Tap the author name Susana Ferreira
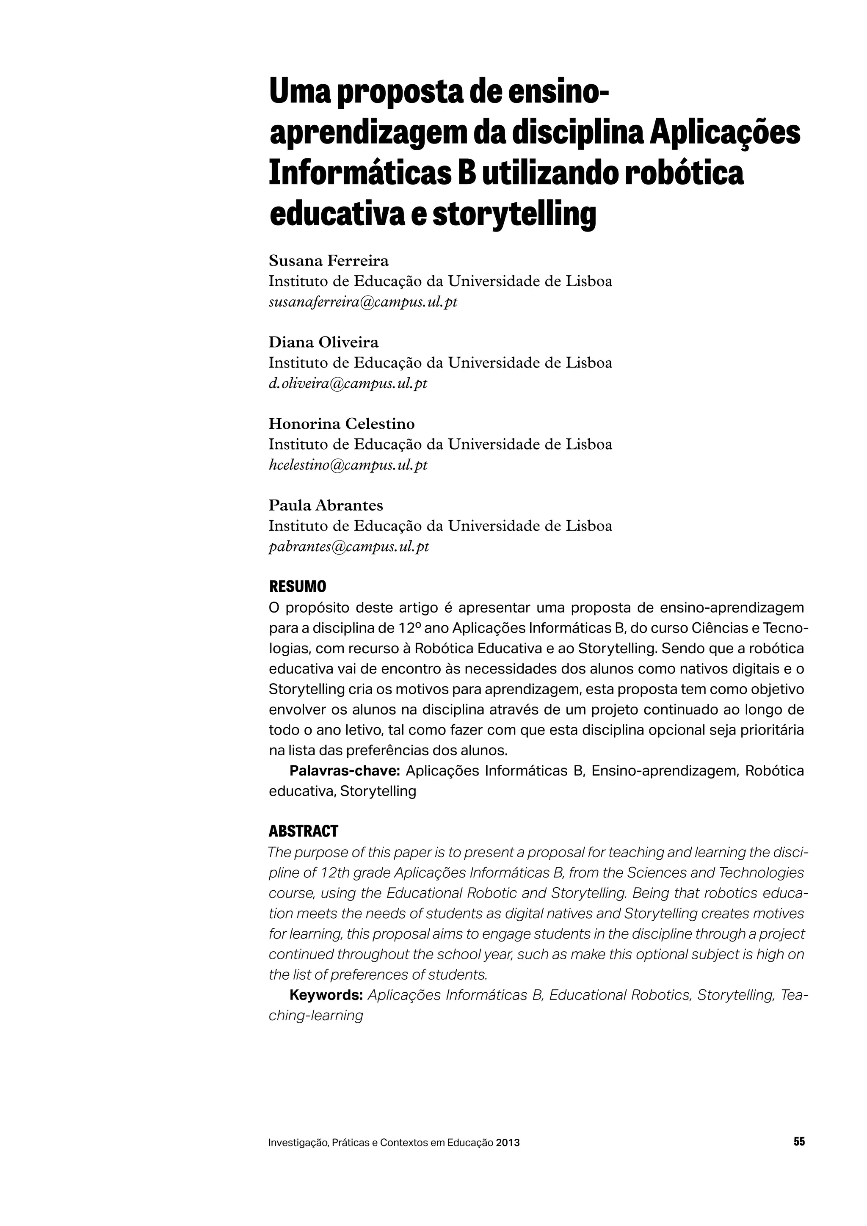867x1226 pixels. pos(329,261)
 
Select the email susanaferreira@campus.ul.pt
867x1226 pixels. pos(363,302)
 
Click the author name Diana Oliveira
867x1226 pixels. pos(323,342)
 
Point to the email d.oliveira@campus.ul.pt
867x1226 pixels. pos(348,384)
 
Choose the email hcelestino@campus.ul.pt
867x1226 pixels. pos(348,465)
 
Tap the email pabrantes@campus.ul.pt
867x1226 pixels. pos(348,547)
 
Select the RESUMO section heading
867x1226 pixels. pos(297,587)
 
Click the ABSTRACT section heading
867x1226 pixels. pos(303,831)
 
